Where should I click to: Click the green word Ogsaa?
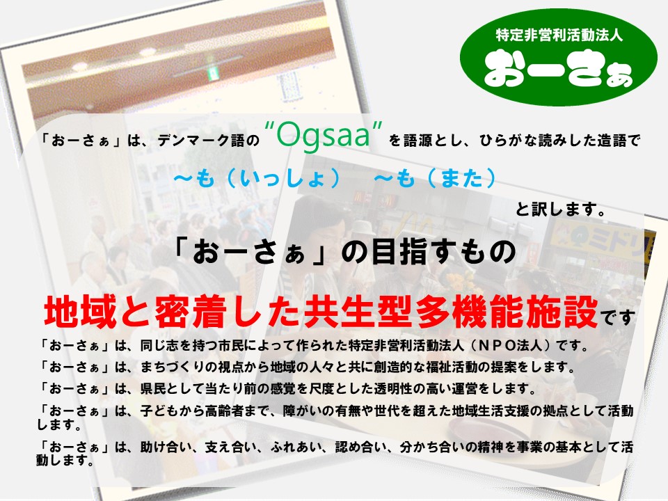[323, 136]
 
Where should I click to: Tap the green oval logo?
[559, 57]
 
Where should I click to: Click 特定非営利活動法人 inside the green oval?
[559, 35]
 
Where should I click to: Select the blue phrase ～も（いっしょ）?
[257, 178]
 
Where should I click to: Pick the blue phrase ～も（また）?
[435, 178]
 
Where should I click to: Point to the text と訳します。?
[561, 209]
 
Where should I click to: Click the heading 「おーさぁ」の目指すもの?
[344, 252]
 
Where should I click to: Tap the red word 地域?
[80, 312]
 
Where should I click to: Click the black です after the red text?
[618, 317]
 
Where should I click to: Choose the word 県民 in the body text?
[153, 388]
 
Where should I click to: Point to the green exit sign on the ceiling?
[212, 73]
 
